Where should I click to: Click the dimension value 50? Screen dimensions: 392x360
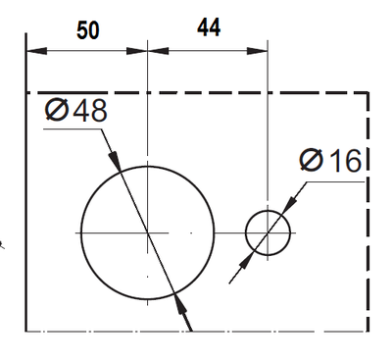pos(87,30)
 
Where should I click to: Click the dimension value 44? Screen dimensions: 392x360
pos(209,27)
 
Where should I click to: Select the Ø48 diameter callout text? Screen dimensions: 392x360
pos(75,111)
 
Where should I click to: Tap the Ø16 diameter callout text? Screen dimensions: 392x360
pos(330,160)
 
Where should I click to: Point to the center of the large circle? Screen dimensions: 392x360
pos(148,232)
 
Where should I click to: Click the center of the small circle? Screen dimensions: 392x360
pos(268,232)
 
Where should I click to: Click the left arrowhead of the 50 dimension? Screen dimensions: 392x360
pos(36,51)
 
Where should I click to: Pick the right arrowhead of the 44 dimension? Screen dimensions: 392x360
pos(257,51)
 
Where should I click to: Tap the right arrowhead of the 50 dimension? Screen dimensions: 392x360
pos(137,51)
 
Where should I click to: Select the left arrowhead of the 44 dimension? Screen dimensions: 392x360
pos(158,51)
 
